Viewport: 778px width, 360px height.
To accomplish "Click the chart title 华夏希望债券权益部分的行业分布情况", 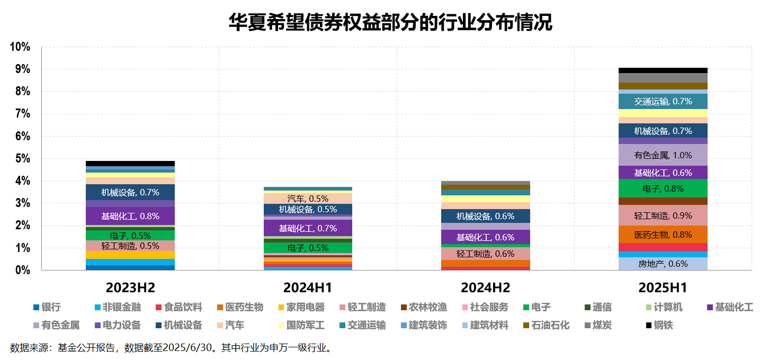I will point(390,22).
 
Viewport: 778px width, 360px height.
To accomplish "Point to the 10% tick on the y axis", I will point(20,47).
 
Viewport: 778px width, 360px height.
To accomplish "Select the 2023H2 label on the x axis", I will point(130,288).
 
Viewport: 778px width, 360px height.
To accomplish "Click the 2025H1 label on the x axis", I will point(663,288).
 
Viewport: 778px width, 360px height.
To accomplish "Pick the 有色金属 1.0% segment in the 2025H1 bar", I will point(663,155).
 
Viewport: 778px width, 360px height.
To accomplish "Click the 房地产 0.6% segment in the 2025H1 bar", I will point(663,264).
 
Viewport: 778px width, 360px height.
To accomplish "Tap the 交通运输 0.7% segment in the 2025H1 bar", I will point(663,101).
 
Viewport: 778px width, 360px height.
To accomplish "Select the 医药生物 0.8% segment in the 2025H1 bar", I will point(663,235).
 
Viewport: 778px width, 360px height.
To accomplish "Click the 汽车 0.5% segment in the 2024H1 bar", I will point(308,199).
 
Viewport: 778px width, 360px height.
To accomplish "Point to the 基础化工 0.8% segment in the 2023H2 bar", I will point(130,216).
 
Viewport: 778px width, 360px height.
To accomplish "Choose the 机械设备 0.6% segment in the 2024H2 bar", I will point(486,216).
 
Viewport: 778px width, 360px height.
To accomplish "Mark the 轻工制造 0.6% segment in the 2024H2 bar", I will point(486,254).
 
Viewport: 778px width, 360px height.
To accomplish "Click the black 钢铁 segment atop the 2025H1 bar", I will point(663,70).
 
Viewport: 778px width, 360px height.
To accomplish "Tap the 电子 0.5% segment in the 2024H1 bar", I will point(308,247).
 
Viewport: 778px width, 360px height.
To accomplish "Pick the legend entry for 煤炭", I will point(597,325).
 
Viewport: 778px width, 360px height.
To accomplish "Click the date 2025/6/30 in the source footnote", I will point(187,348).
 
